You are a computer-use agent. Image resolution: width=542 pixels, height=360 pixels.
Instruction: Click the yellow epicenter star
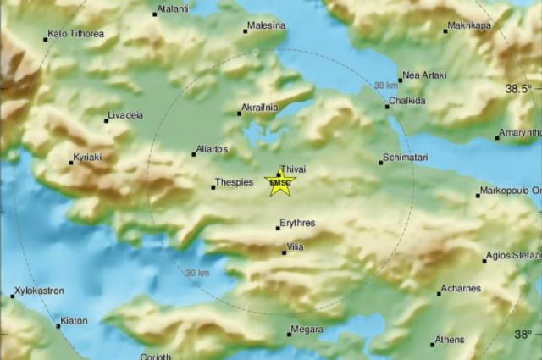(x=279, y=183)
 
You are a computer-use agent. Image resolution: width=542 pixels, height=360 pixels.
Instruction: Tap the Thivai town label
(x=292, y=169)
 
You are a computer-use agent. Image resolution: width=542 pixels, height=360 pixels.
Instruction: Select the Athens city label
(x=448, y=340)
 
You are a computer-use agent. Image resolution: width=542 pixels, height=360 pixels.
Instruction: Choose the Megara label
(x=307, y=329)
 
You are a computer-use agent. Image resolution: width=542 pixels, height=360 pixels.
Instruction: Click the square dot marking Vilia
(x=285, y=252)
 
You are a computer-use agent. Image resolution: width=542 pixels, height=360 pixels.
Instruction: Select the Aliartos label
(x=212, y=148)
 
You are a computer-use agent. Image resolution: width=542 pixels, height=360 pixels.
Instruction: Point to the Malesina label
(x=267, y=26)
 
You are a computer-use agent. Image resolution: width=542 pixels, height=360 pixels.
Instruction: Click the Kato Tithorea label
(x=76, y=34)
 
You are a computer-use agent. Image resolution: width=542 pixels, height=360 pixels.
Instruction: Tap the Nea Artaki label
(x=423, y=75)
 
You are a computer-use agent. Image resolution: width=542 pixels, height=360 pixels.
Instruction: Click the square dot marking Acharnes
(x=440, y=294)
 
